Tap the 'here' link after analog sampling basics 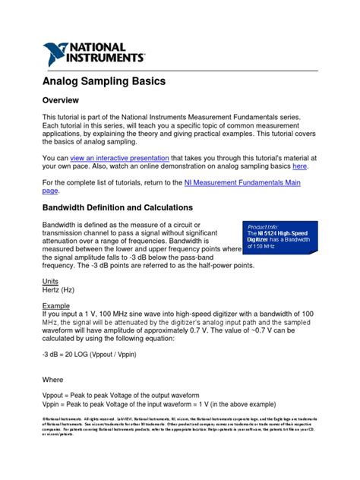coord(300,165)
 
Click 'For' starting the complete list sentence coord(48,182)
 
